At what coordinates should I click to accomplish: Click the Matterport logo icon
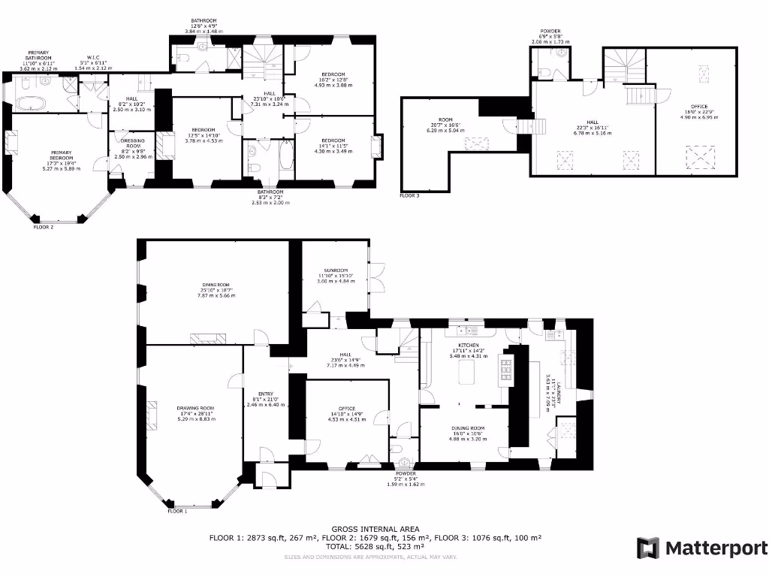tap(648, 548)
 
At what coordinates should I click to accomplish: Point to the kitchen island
tap(469, 372)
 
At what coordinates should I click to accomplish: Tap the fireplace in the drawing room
tap(152, 414)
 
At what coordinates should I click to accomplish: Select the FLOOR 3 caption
tap(409, 195)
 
